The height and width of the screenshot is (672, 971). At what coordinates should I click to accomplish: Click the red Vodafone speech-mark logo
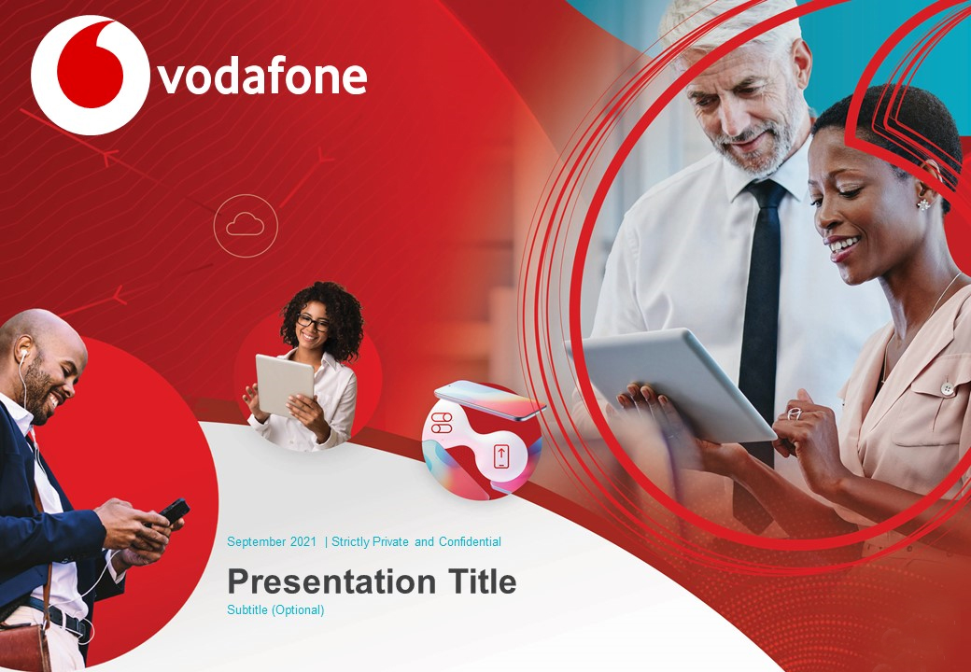[90, 75]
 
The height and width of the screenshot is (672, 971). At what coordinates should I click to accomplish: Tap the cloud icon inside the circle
[246, 224]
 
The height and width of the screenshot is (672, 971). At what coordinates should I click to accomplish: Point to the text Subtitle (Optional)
[275, 610]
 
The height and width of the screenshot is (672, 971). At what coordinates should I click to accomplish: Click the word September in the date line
[257, 542]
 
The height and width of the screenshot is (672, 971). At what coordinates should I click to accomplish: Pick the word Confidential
[470, 542]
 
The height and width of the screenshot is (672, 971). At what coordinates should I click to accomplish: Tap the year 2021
[303, 542]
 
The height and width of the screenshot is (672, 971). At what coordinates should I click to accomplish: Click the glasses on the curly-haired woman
[313, 322]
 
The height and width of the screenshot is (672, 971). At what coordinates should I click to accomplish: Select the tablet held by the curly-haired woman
[285, 385]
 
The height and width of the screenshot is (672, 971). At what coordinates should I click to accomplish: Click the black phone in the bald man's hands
[174, 511]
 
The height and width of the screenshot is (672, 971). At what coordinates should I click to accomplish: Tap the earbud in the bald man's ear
[23, 356]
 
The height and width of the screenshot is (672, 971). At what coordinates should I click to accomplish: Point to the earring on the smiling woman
[924, 204]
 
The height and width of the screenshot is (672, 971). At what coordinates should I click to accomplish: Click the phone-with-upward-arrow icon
[501, 456]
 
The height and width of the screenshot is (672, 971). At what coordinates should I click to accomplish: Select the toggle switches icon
[442, 423]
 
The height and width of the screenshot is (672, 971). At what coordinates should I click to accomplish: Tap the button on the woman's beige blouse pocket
[947, 388]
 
